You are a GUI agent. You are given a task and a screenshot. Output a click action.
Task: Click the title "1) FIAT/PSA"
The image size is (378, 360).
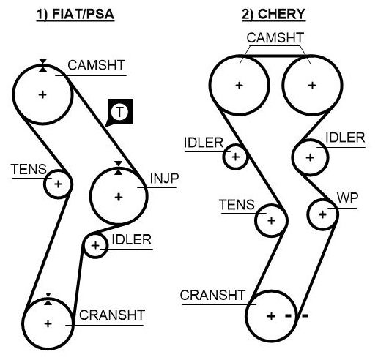coord(75,14)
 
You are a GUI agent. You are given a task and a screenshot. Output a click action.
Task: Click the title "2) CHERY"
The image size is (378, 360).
coord(274,14)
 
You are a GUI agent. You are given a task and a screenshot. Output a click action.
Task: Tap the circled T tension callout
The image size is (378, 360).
coord(119,112)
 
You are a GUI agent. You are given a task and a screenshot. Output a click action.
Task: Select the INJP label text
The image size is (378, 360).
coord(164,179)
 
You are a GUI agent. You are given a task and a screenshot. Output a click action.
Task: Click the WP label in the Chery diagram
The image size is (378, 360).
coord(347,198)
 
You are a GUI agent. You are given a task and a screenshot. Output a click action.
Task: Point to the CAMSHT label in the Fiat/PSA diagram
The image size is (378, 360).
coord(97,65)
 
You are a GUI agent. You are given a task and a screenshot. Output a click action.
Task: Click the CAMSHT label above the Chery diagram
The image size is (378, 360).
coord(275,38)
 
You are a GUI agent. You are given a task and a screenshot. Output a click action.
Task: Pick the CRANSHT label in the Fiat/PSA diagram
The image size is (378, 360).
coord(112,315)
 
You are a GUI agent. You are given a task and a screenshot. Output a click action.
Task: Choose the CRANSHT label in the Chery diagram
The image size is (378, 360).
coord(212,295)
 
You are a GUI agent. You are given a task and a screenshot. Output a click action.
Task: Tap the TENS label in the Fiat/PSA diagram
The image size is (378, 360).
coord(29,169)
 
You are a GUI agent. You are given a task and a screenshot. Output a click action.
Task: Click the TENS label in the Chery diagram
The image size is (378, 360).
coord(237,205)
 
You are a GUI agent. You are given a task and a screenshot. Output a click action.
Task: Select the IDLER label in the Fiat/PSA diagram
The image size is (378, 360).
coord(132,240)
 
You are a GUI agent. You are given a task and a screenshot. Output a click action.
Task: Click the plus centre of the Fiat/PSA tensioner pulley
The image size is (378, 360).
coord(58,184)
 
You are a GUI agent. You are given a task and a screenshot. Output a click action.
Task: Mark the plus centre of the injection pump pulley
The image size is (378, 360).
coord(119,197)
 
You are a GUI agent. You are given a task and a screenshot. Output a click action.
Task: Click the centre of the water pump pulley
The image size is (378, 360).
coord(322,214)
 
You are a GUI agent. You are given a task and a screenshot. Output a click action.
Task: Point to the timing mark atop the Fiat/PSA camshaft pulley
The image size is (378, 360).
coord(43,65)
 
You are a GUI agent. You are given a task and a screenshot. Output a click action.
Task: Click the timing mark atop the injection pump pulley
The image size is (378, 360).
coord(119,168)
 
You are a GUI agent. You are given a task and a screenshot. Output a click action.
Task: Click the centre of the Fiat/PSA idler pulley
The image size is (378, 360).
coord(95,245)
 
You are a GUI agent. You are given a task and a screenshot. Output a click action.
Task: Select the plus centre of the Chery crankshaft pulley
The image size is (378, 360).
coord(271,316)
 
